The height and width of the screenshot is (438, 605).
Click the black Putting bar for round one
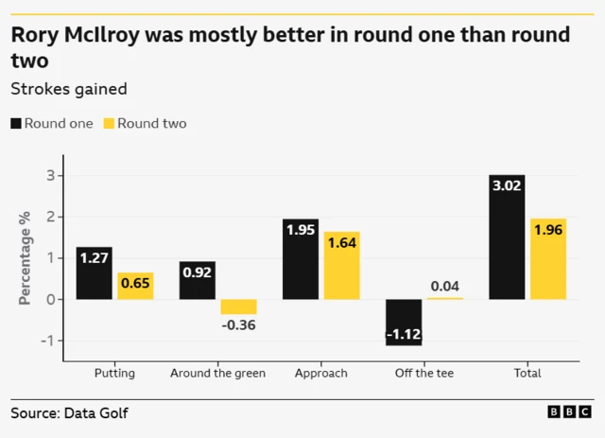[94, 273]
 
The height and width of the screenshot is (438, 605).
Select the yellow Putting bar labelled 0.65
[135, 286]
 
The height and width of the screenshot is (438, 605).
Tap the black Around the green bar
[197, 280]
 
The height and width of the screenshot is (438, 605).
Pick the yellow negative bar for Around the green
[238, 307]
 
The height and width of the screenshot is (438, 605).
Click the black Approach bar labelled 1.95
[301, 259]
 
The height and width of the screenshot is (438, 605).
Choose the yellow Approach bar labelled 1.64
[341, 266]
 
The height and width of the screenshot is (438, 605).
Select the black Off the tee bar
[404, 323]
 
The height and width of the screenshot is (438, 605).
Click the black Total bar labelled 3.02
[507, 237]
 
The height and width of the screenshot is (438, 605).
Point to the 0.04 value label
[444, 287]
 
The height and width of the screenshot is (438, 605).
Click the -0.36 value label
[238, 325]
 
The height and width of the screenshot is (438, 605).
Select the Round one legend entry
[52, 124]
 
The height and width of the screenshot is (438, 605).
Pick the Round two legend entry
[145, 124]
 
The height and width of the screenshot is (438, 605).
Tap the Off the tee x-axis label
[424, 373]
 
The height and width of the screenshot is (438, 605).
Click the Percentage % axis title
[26, 258]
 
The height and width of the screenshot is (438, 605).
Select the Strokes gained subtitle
[68, 89]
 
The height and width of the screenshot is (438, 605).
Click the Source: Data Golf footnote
[69, 413]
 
